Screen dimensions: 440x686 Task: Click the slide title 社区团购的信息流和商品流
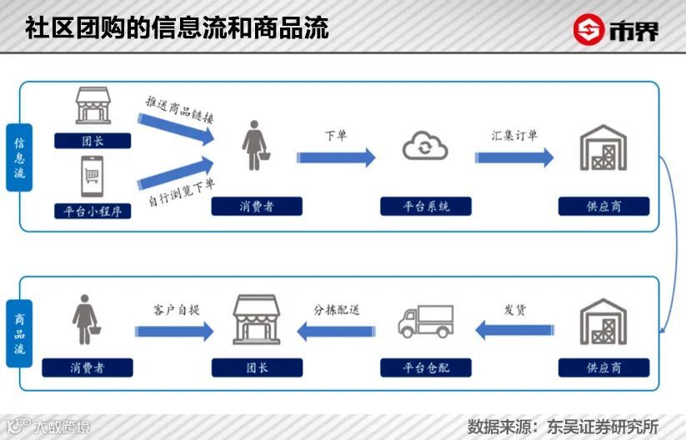point(177,27)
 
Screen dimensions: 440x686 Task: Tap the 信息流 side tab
point(19,157)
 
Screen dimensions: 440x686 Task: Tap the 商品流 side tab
point(19,332)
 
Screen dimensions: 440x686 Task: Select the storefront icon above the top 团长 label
point(93,107)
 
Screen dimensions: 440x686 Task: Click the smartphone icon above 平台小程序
point(92,178)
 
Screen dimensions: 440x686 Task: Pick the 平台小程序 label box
point(93,210)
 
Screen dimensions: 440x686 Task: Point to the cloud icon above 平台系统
point(425,148)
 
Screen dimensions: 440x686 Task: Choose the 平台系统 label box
point(425,206)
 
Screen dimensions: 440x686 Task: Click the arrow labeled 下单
point(336,157)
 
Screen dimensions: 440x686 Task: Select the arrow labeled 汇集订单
point(514,157)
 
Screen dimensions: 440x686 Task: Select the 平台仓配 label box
point(425,367)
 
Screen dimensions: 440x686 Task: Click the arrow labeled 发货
point(514,332)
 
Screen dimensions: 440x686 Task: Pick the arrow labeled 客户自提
point(174,332)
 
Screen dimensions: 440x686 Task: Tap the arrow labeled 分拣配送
point(336,332)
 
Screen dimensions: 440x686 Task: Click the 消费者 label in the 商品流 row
point(88,367)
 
